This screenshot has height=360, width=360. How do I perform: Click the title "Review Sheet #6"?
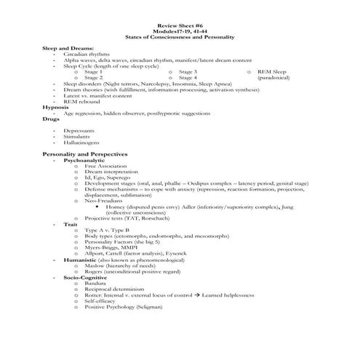click(x=180, y=25)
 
